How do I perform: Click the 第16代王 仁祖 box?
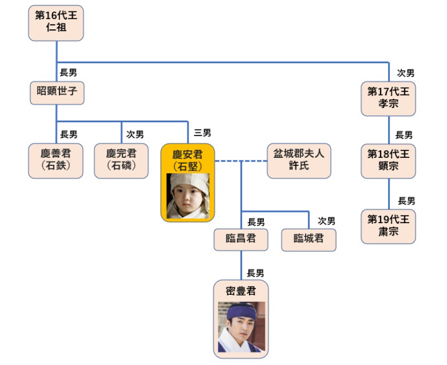pyautogui.click(x=56, y=23)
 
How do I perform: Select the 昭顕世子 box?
pyautogui.click(x=57, y=93)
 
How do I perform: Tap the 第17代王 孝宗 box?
pyautogui.click(x=388, y=98)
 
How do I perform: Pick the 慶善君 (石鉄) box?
pyautogui.click(x=56, y=160)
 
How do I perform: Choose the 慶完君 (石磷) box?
pyautogui.click(x=121, y=160)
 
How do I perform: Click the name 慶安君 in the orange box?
pyautogui.click(x=187, y=155)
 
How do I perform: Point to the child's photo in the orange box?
pyautogui.click(x=188, y=196)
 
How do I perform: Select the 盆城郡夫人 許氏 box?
pyautogui.click(x=299, y=160)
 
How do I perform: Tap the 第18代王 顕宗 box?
pyautogui.click(x=388, y=161)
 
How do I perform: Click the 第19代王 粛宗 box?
pyautogui.click(x=388, y=226)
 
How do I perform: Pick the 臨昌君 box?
pyautogui.click(x=241, y=240)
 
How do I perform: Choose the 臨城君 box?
pyautogui.click(x=309, y=240)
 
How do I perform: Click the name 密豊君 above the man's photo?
pyautogui.click(x=241, y=291)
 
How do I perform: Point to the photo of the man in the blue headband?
pyautogui.click(x=242, y=327)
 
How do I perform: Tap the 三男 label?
pyautogui.click(x=202, y=133)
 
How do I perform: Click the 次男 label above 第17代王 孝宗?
pyautogui.click(x=406, y=73)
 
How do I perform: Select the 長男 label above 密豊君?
pyautogui.click(x=255, y=273)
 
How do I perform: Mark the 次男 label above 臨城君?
pyautogui.click(x=326, y=220)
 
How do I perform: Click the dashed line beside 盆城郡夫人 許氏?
pyautogui.click(x=241, y=161)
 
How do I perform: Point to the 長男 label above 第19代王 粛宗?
pyautogui.click(x=407, y=201)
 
